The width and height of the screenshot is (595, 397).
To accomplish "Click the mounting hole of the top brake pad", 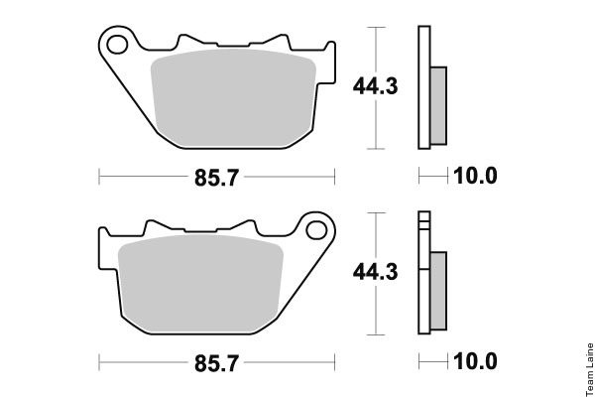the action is (x=117, y=45).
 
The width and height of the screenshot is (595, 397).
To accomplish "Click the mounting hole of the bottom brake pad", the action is (x=316, y=230).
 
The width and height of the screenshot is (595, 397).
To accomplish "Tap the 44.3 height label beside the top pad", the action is (x=375, y=86).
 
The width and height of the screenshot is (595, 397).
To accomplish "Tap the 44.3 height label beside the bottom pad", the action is (x=375, y=272).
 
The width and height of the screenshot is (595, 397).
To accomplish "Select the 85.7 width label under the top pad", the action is (x=216, y=178).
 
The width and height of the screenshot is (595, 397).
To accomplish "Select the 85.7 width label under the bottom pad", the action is (x=216, y=363).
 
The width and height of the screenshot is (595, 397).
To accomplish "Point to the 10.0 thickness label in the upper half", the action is (x=475, y=176).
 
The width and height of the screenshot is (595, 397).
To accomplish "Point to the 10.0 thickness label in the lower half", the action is (x=475, y=361).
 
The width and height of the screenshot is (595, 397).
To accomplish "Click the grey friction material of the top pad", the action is (x=233, y=98).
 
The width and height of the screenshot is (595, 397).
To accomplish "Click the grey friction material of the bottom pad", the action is (x=200, y=284).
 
